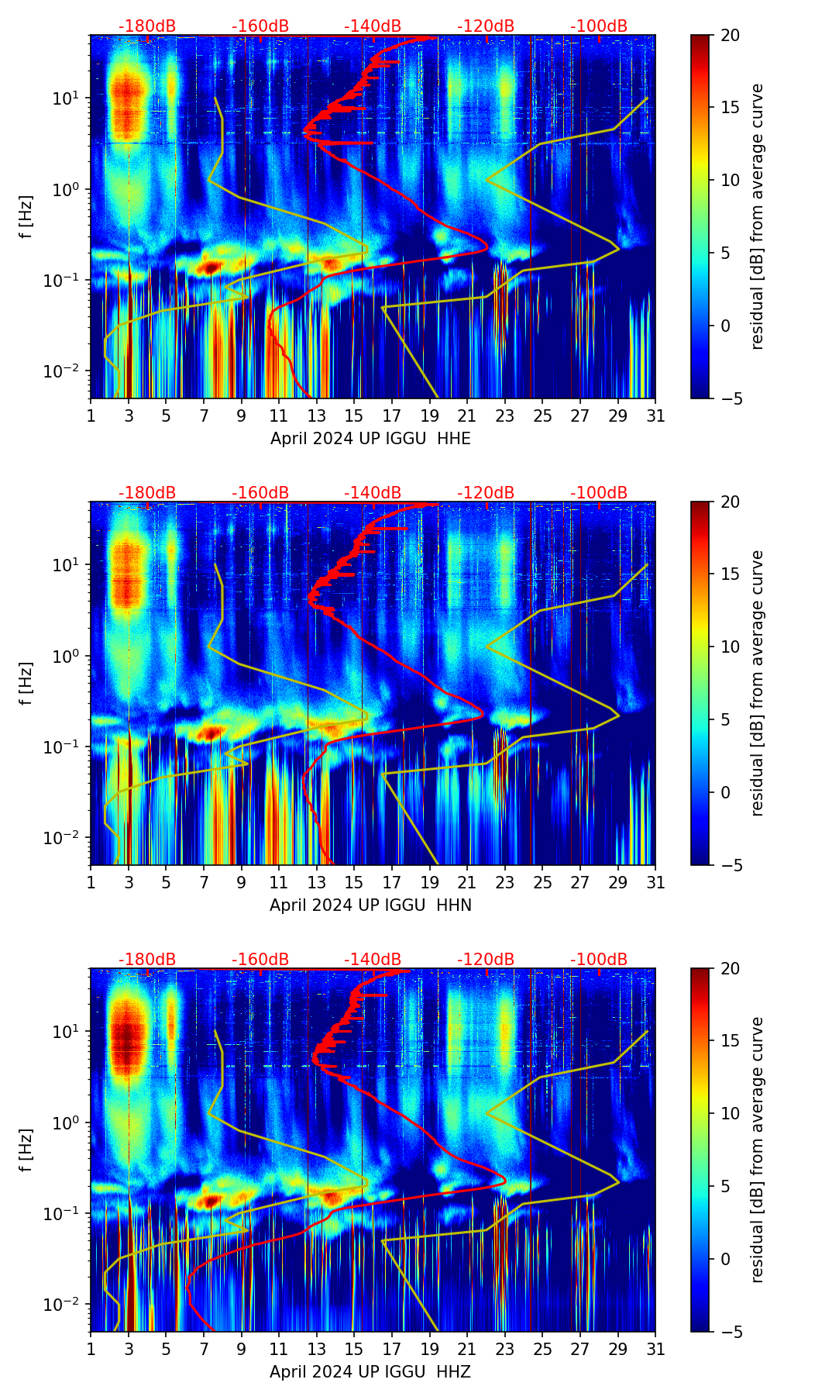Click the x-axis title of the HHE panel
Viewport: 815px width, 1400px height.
tap(370, 439)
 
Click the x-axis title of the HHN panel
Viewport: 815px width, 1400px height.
tap(370, 905)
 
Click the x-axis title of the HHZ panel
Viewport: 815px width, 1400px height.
tap(370, 1372)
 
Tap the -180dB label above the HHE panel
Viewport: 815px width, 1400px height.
tap(147, 26)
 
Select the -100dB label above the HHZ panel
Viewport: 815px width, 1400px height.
tap(599, 960)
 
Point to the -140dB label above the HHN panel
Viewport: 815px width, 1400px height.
tap(373, 493)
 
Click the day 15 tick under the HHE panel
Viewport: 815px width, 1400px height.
tap(354, 416)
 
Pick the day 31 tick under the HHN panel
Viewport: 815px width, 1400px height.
tap(655, 883)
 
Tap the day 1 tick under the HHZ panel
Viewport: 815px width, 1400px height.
tap(91, 1350)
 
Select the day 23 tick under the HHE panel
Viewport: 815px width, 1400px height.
tap(505, 416)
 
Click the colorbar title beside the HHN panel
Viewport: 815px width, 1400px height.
tap(758, 683)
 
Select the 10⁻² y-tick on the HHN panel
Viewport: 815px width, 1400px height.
tap(66, 838)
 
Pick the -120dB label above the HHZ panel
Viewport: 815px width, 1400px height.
tap(486, 960)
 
